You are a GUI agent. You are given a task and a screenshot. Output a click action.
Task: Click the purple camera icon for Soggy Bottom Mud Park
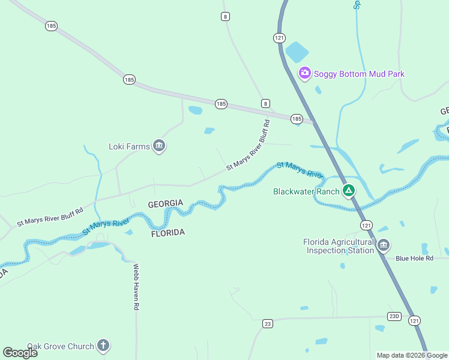point(305,74)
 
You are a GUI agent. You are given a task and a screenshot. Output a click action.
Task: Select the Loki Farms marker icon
point(159,146)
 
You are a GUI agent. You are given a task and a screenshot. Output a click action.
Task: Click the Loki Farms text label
point(128,146)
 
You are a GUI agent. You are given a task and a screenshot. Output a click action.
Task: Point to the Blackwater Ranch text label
point(306,192)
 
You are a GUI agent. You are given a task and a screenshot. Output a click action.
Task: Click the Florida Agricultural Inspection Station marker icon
point(384,245)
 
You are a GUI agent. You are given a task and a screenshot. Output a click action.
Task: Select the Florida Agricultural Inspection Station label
point(339,246)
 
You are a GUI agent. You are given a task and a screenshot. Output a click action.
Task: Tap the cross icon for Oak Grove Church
point(103,346)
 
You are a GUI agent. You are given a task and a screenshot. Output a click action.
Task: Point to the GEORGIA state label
point(165,204)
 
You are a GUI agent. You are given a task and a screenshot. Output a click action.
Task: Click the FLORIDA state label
point(167,232)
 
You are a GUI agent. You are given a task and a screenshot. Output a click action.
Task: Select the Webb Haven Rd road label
point(136,287)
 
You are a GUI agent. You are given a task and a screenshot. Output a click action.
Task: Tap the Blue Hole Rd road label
point(414,259)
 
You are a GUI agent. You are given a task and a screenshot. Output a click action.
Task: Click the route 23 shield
point(268,324)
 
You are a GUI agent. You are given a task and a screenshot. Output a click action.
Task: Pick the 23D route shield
point(394,316)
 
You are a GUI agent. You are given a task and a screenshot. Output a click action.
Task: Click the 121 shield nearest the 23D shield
point(414,321)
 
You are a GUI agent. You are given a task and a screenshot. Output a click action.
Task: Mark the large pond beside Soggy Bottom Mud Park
point(297,52)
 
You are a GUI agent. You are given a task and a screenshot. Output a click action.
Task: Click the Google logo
point(20,352)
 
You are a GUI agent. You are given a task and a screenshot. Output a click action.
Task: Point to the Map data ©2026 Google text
point(411,355)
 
